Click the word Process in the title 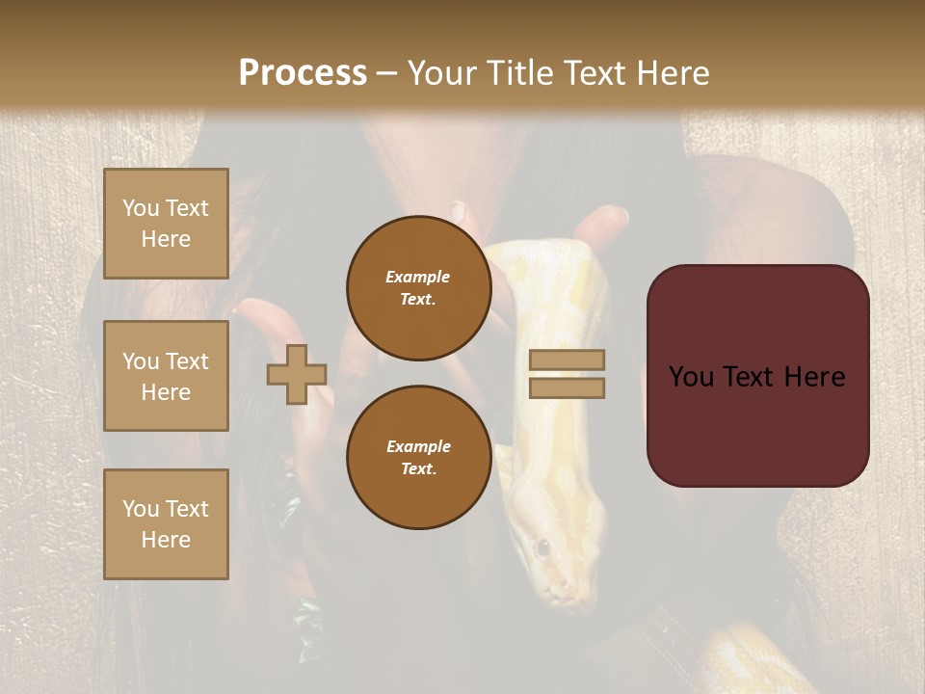coord(303,73)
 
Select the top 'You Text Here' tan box coord(166,224)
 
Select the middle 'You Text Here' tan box coord(166,376)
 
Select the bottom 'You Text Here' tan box coord(166,523)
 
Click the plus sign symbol coord(297,374)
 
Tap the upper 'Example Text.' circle coord(418,287)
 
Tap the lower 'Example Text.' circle coord(418,457)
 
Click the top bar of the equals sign coord(567,360)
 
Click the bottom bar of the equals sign coord(567,387)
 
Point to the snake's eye coord(542,547)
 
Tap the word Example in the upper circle coord(418,277)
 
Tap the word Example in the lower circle coord(418,446)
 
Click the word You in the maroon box coord(691,376)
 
